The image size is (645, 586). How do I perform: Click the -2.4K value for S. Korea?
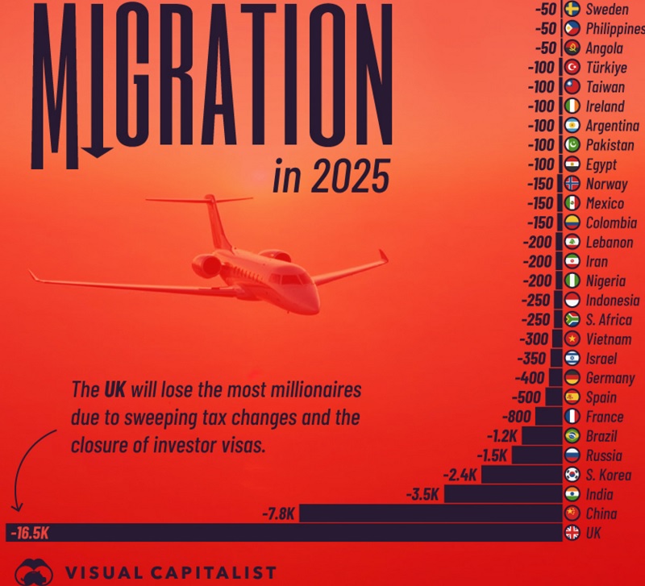[x=460, y=475]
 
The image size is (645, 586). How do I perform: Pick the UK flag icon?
[x=572, y=533]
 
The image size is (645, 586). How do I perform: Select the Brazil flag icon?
[x=572, y=436]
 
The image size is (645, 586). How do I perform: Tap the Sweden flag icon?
[x=572, y=9]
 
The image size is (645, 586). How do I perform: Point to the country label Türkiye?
[x=606, y=68]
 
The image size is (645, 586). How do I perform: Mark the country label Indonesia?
[x=613, y=300]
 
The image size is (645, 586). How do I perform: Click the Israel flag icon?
[x=572, y=358]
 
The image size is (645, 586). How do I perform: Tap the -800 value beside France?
[x=516, y=417]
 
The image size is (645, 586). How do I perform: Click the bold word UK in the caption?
[x=115, y=391]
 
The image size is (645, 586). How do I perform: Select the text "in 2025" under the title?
[x=331, y=177]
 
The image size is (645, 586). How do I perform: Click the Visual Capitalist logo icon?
[x=34, y=571]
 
